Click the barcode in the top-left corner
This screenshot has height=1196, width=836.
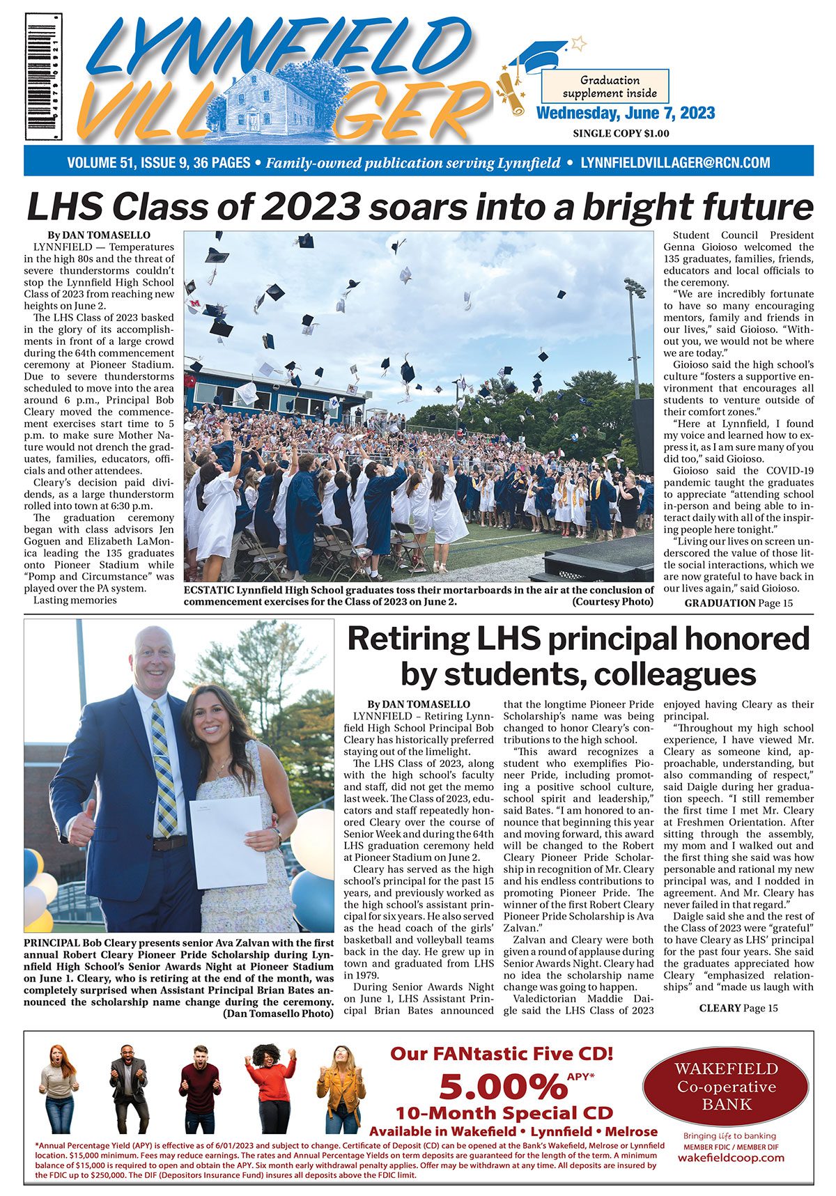(43, 77)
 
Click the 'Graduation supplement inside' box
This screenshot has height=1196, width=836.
(604, 86)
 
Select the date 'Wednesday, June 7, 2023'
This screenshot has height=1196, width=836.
(625, 114)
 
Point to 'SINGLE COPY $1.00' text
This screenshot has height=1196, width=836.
(621, 133)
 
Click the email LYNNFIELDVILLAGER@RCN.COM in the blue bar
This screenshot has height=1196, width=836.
(675, 163)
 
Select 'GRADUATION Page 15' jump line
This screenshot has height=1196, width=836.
(738, 603)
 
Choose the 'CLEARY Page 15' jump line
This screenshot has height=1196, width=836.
(738, 1008)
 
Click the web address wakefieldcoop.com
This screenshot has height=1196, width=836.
(730, 1158)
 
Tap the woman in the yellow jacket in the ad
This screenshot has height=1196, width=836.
(341, 1089)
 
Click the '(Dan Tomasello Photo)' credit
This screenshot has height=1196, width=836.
(278, 1014)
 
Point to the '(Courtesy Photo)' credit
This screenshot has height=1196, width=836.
(612, 602)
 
